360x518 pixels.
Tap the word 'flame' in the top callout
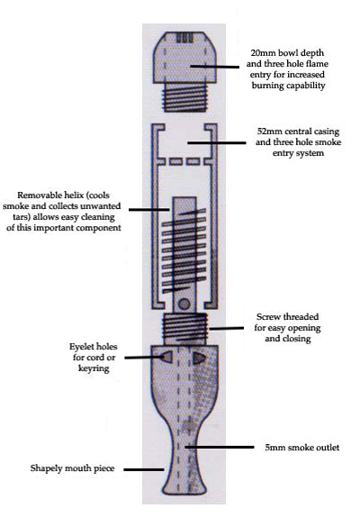(317, 63)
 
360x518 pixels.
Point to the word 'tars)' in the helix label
(22, 217)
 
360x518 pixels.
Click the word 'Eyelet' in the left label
(79, 347)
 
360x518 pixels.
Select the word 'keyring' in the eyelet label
(94, 368)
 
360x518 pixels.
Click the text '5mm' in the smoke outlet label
(275, 448)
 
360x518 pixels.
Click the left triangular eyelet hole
(167, 357)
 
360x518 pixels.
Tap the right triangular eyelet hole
(199, 358)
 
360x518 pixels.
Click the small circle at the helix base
(184, 304)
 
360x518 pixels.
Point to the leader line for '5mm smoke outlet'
(219, 447)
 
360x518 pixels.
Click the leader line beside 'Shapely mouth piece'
(143, 469)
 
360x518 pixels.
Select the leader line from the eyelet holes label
(143, 357)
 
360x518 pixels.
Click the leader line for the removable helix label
(149, 209)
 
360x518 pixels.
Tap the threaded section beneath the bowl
(184, 96)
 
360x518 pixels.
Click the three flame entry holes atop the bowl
(184, 38)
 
